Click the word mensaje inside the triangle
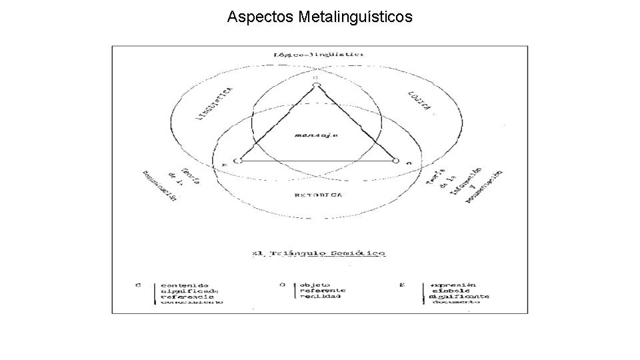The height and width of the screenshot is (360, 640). pyautogui.click(x=317, y=135)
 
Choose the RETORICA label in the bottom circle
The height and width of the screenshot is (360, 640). pyautogui.click(x=319, y=195)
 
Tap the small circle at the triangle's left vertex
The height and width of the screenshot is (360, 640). pyautogui.click(x=237, y=161)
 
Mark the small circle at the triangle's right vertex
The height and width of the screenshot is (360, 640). pyautogui.click(x=396, y=161)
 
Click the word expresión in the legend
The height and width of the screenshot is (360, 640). pyautogui.click(x=454, y=284)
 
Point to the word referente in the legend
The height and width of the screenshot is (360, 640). pyautogui.click(x=323, y=290)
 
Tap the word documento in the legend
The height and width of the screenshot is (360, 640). pyautogui.click(x=456, y=302)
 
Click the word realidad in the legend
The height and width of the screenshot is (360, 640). pyautogui.click(x=320, y=296)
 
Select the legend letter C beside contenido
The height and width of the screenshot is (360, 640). pyautogui.click(x=138, y=285)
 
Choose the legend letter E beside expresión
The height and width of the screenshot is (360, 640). pyautogui.click(x=401, y=285)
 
